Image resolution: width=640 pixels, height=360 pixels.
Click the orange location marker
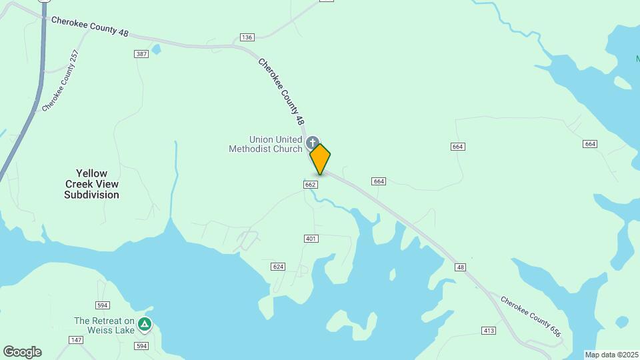[320, 159]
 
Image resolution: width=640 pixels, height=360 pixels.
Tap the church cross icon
[311, 142]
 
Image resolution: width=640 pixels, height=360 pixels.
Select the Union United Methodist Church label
[266, 144]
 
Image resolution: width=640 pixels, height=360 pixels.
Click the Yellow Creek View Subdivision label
[92, 184]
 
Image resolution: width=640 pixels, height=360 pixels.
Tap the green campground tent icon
[145, 325]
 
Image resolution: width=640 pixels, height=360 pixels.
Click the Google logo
[22, 352]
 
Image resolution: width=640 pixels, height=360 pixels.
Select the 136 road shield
[247, 37]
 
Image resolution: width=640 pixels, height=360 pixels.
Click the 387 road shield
[141, 54]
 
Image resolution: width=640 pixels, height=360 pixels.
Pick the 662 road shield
[310, 184]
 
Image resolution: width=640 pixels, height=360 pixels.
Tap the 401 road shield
[311, 239]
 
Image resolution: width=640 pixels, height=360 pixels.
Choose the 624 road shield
[279, 267]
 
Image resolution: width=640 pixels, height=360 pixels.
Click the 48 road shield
[460, 267]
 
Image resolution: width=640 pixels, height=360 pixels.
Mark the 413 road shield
[488, 331]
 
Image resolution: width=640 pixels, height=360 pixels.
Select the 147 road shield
[76, 340]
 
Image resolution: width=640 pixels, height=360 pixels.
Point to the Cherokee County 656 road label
[531, 316]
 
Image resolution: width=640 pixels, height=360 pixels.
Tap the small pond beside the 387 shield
[156, 49]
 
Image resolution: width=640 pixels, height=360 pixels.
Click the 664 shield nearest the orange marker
[379, 181]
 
